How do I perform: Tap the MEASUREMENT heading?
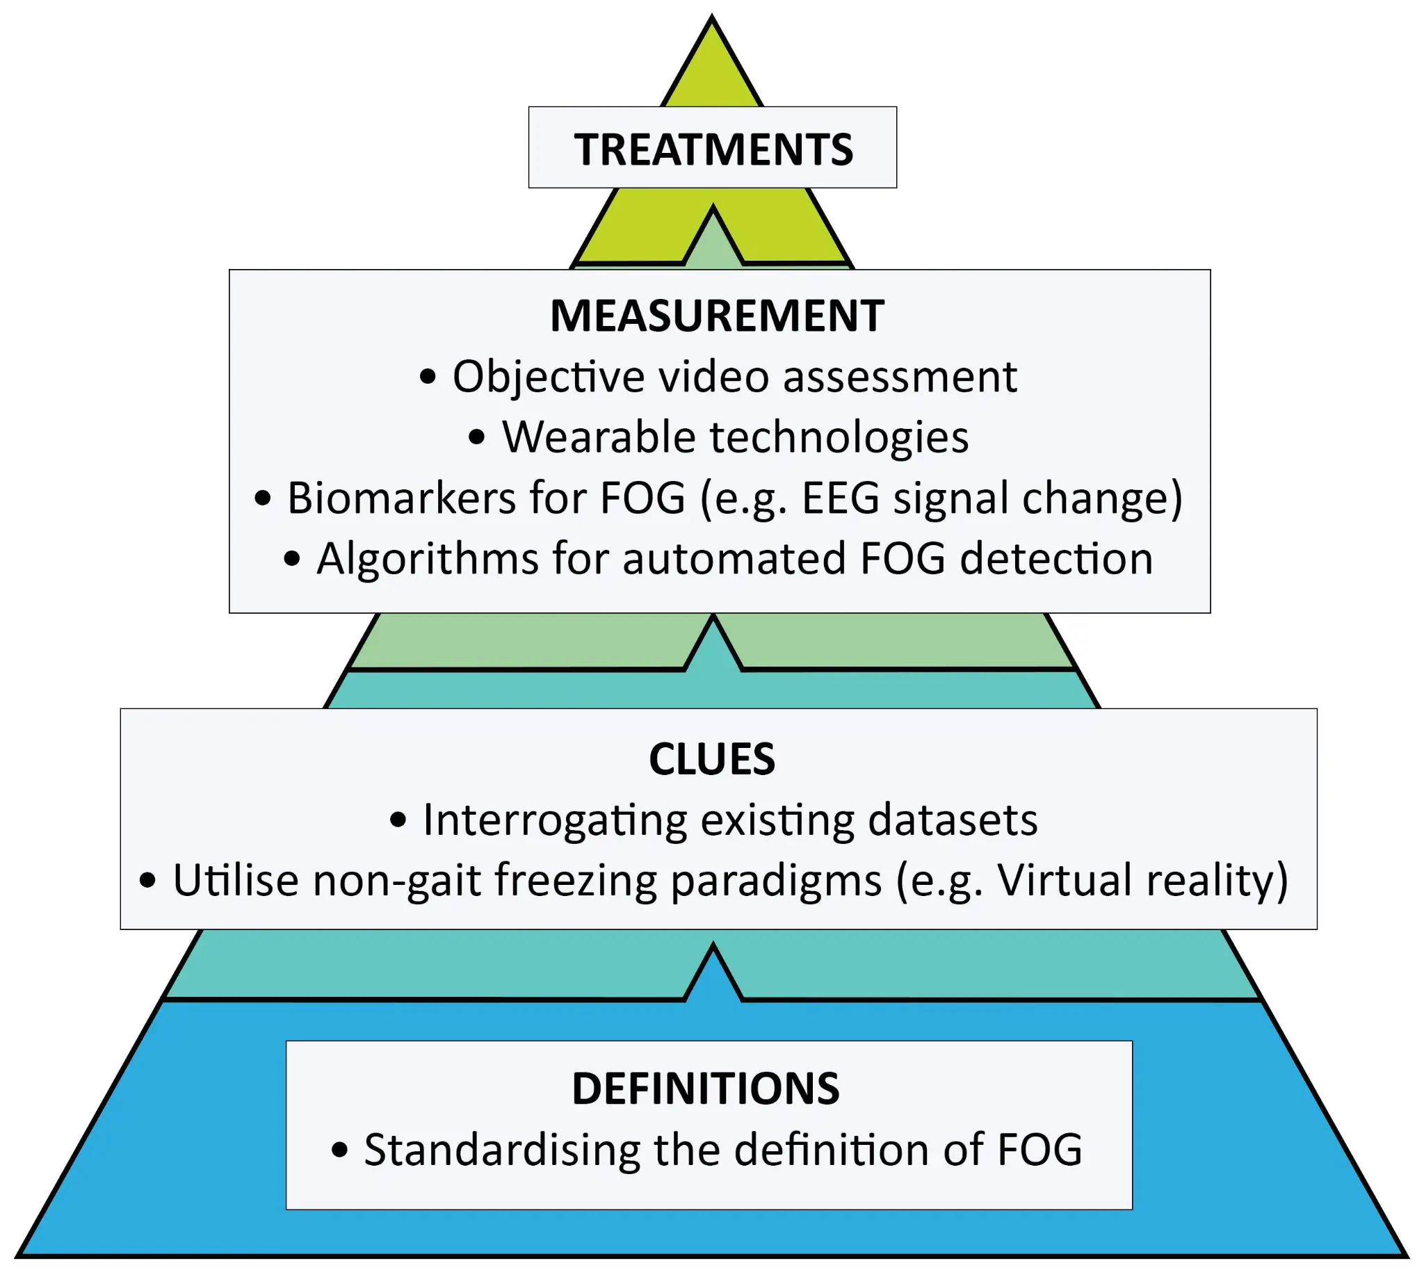click(x=717, y=316)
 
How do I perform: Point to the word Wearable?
click(x=598, y=437)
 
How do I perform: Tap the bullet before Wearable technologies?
click(x=477, y=437)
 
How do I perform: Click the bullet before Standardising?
click(x=339, y=1150)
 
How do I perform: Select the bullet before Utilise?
click(x=147, y=880)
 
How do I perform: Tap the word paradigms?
click(x=776, y=881)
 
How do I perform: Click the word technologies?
click(x=839, y=438)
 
